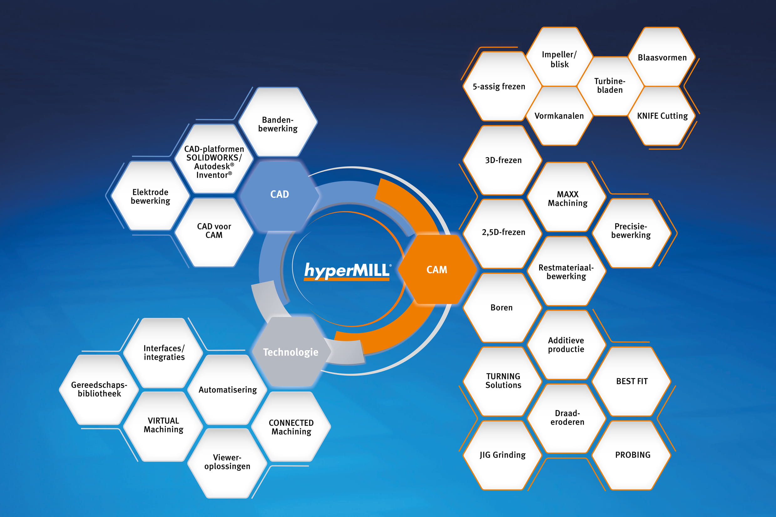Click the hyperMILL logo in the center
[347, 271]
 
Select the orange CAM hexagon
[437, 269]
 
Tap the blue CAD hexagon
[279, 195]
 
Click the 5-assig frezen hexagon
[499, 86]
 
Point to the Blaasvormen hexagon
[662, 57]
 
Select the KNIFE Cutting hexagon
[662, 116]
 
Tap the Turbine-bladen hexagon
[610, 85]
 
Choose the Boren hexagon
[502, 307]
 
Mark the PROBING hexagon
[632, 455]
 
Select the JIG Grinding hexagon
[502, 455]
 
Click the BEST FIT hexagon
[631, 381]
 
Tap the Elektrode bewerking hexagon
[151, 196]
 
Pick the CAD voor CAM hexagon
[214, 231]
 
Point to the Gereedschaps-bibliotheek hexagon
[99, 389]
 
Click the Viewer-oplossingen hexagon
[227, 462]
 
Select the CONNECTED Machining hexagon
[291, 427]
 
